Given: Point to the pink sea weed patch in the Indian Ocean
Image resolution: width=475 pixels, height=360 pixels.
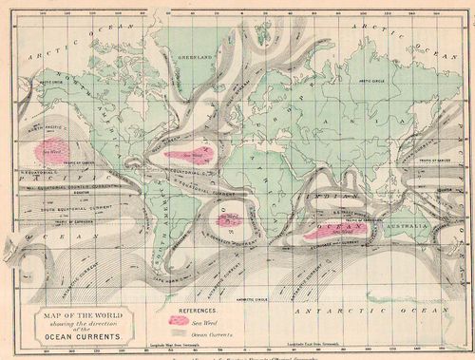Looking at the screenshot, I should [x=337, y=230].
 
